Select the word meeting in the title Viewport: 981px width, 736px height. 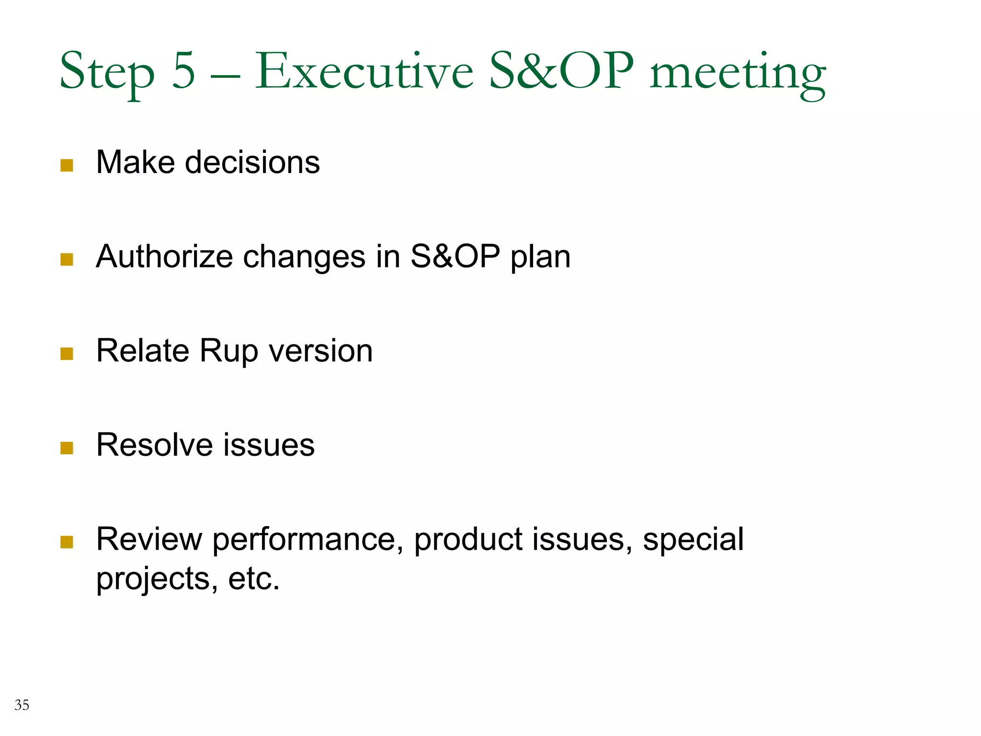click(738, 74)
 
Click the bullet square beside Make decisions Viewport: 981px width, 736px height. click(67, 165)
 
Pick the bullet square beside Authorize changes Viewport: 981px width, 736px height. click(67, 259)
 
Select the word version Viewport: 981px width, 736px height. click(321, 351)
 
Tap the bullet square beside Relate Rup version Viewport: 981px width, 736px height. click(67, 354)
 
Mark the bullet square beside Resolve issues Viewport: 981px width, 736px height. click(67, 448)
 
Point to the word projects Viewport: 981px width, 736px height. click(153, 580)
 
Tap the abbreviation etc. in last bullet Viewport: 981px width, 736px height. click(254, 579)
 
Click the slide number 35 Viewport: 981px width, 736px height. click(22, 705)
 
